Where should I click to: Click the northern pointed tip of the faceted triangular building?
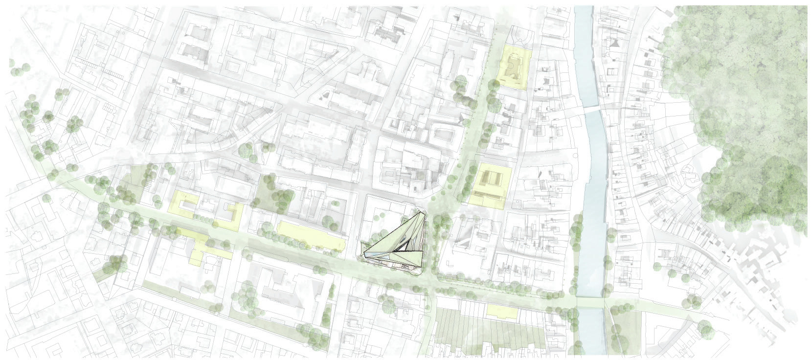(x=423, y=211)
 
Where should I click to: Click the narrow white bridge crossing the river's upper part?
(x=592, y=108)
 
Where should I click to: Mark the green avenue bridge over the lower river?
(x=590, y=302)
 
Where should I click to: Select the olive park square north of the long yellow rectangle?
(x=272, y=193)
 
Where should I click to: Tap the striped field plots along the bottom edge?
(x=484, y=335)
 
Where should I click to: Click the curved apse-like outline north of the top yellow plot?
(x=517, y=37)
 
